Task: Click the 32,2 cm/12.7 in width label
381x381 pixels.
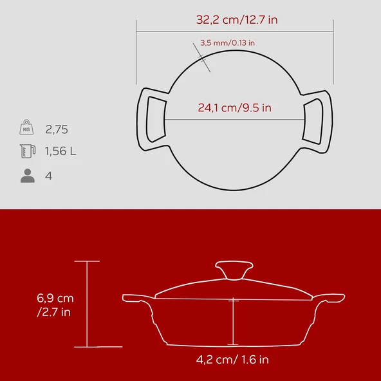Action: pyautogui.click(x=237, y=19)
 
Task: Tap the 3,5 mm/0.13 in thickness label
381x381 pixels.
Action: pyautogui.click(x=228, y=42)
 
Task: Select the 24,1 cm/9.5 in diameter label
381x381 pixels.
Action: pyautogui.click(x=234, y=108)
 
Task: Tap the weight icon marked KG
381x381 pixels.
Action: pyautogui.click(x=26, y=128)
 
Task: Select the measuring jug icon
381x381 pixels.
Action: pyautogui.click(x=26, y=152)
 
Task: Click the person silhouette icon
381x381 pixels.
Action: pyautogui.click(x=27, y=175)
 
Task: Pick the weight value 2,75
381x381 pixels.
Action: pyautogui.click(x=57, y=129)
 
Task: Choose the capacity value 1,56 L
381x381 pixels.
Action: pyautogui.click(x=60, y=152)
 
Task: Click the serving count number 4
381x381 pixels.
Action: pyautogui.click(x=48, y=175)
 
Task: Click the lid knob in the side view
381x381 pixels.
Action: pyautogui.click(x=234, y=269)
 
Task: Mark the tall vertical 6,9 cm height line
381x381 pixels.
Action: pyautogui.click(x=87, y=304)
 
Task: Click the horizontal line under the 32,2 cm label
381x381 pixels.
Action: pyautogui.click(x=234, y=31)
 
